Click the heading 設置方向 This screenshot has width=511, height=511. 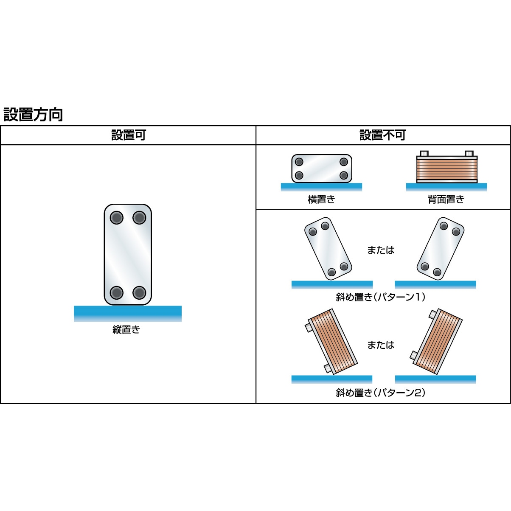pyautogui.click(x=33, y=115)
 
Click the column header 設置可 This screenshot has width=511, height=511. pyautogui.click(x=128, y=135)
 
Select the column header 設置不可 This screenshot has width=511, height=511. pyautogui.click(x=383, y=135)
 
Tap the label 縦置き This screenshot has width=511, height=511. pyautogui.click(x=126, y=330)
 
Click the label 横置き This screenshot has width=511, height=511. pyautogui.click(x=321, y=199)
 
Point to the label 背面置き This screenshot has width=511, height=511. pyautogui.click(x=446, y=199)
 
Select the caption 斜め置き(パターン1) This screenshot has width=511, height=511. pyautogui.click(x=381, y=297)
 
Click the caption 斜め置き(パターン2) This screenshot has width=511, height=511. pyautogui.click(x=381, y=393)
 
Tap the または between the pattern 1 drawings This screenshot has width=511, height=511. pyautogui.click(x=381, y=250)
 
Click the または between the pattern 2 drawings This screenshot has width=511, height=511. pyautogui.click(x=381, y=345)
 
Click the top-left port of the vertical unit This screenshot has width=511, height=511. pyautogui.click(x=116, y=218)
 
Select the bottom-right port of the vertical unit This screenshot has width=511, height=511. pyautogui.click(x=139, y=292)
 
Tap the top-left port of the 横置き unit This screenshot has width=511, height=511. pyautogui.click(x=299, y=162)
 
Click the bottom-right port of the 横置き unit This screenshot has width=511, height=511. pyautogui.click(x=344, y=175)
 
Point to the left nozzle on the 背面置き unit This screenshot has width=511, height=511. pyautogui.click(x=424, y=154)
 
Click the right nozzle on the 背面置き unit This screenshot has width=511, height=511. pyautogui.click(x=469, y=154)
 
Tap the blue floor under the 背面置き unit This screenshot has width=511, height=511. pyautogui.click(x=446, y=187)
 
